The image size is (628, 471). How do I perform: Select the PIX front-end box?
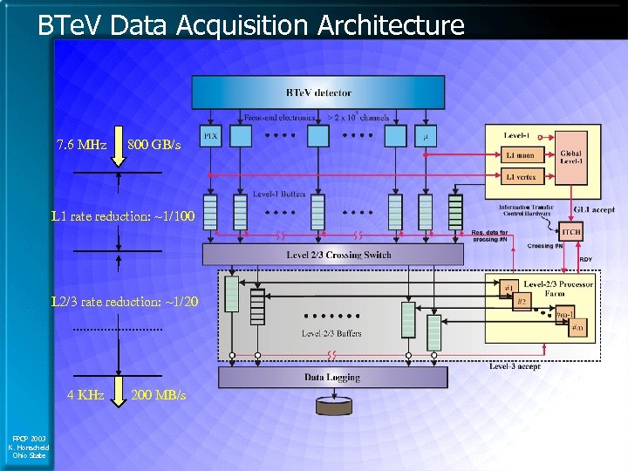pos(211,136)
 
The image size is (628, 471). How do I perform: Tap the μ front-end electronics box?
pos(426,136)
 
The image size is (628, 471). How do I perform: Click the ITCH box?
pos(571,232)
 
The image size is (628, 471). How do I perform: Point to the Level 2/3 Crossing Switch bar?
pos(333,255)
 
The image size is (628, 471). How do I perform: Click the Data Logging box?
pos(332,378)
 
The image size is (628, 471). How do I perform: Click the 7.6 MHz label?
pos(81,144)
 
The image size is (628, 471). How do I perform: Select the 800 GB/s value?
pos(154,144)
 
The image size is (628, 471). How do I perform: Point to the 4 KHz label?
pos(86,395)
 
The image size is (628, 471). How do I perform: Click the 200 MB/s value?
pos(158,395)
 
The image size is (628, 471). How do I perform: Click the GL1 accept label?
pos(594,209)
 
